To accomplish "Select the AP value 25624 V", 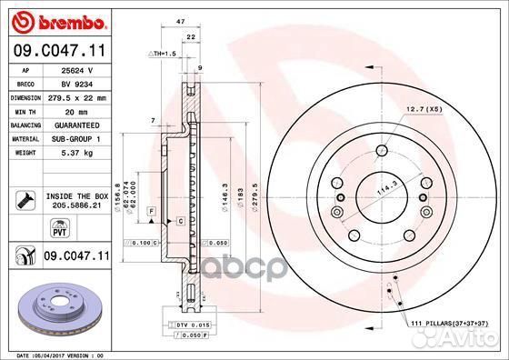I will click(x=76, y=70).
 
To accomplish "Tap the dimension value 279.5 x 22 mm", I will click(x=76, y=96).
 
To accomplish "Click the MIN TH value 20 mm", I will click(x=76, y=110).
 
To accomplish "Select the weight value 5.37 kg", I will click(x=76, y=153).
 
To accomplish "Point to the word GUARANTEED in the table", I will click(x=76, y=125).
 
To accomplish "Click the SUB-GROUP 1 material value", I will click(x=76, y=138).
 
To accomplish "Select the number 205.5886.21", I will click(x=76, y=206).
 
